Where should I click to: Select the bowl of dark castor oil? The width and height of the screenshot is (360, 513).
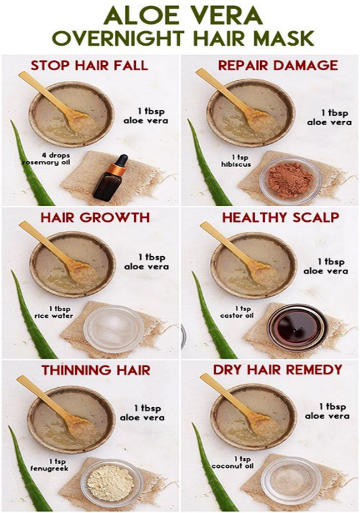coord(297,328)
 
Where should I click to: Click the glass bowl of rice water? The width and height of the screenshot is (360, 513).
coord(113,329)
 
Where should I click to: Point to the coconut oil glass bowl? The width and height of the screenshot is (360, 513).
coord(291,481)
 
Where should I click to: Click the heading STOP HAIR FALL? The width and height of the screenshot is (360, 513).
coord(89,66)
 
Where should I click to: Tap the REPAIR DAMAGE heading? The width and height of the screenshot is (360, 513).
coord(278,65)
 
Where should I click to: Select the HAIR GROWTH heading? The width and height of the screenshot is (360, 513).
coord(95,218)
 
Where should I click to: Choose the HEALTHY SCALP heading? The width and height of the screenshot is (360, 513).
coord(281,218)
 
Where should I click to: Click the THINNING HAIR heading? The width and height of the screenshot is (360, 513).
coord(96,370)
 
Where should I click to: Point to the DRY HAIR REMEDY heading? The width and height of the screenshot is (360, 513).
coord(277,369)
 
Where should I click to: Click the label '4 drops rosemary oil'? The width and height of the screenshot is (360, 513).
coord(46,159)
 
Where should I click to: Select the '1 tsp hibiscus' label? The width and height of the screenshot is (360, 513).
coord(236,162)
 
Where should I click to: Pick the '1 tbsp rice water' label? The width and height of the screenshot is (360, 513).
coord(54,312)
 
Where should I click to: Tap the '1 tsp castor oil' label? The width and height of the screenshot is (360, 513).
coord(237,312)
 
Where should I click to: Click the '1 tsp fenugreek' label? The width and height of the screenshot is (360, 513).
coord(50,465)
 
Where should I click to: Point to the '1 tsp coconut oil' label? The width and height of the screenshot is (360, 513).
coord(232,463)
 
